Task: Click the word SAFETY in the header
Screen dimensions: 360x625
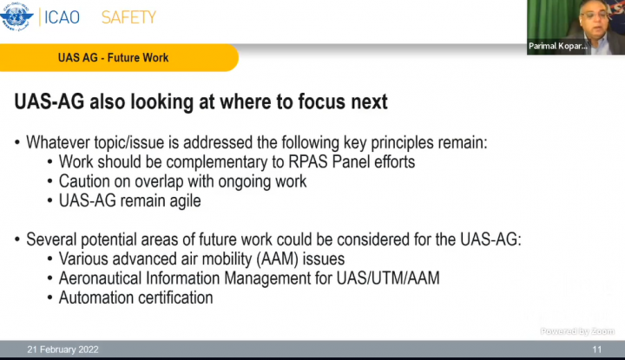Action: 128,16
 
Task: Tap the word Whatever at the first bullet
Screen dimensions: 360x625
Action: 60,142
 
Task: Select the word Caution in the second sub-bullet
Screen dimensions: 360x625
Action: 83,181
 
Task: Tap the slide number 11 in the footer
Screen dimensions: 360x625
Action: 597,350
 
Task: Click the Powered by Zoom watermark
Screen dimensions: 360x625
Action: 577,331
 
